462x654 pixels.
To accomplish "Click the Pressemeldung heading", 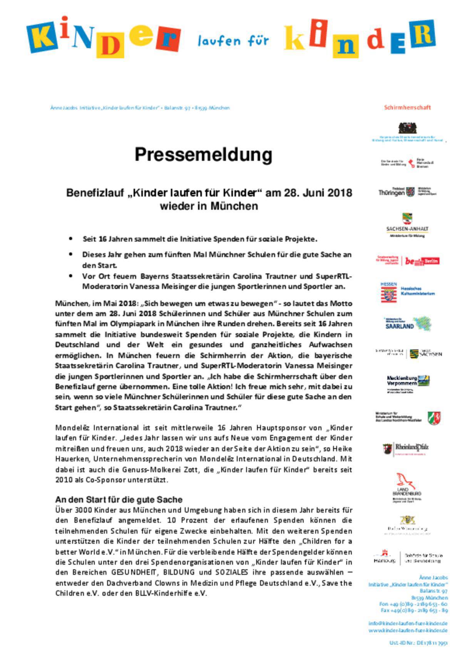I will (x=203, y=155).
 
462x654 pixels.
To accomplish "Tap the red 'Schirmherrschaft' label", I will (x=407, y=107).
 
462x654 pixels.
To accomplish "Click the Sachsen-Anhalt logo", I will (x=407, y=225).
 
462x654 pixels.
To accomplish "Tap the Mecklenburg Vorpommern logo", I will (x=407, y=382).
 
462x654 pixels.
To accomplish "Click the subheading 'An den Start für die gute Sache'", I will (x=119, y=500).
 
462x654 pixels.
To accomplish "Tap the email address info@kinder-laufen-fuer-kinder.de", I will (x=408, y=623).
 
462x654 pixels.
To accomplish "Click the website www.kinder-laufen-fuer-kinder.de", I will (x=408, y=631).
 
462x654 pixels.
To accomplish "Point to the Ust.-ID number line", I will (x=418, y=643).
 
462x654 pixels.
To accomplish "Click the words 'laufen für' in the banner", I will (x=233, y=41).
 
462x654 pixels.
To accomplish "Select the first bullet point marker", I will (x=70, y=239).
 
